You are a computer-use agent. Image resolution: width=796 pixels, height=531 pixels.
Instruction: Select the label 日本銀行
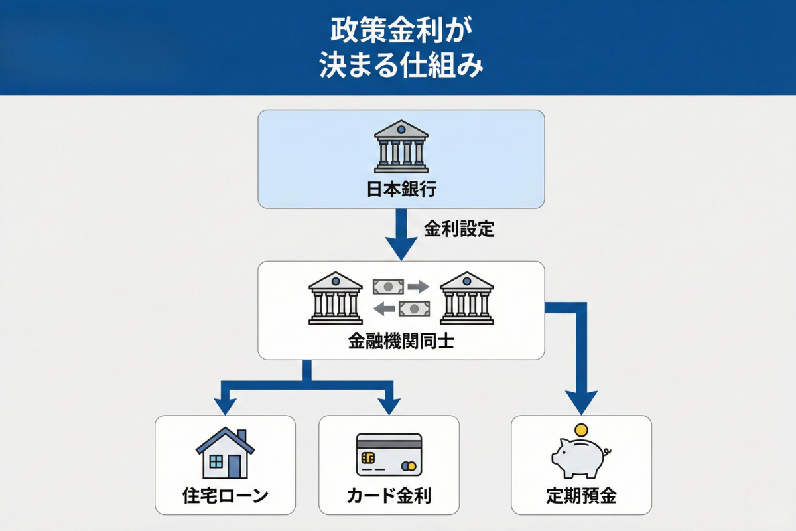tap(401, 190)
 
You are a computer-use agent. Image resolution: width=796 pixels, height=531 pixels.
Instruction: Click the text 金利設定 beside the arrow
tap(459, 230)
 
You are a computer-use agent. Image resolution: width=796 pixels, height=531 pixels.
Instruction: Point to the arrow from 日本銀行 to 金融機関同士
tap(401, 236)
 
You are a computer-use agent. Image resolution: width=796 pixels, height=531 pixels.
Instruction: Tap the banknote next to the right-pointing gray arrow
tap(388, 287)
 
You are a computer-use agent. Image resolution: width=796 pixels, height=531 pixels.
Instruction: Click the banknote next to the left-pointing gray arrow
tap(413, 309)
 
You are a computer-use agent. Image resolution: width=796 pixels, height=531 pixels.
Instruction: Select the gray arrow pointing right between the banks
tap(417, 287)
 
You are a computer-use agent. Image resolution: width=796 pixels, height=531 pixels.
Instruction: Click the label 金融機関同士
tap(401, 342)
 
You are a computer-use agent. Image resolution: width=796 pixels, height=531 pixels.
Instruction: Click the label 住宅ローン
tap(225, 496)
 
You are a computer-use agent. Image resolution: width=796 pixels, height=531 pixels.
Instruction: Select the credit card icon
tap(389, 455)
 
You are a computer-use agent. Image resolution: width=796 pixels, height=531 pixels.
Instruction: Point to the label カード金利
tap(389, 496)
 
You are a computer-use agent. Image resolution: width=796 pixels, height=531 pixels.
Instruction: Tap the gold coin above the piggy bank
tap(582, 430)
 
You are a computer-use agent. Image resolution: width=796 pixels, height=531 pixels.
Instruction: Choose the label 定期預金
tap(581, 496)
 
